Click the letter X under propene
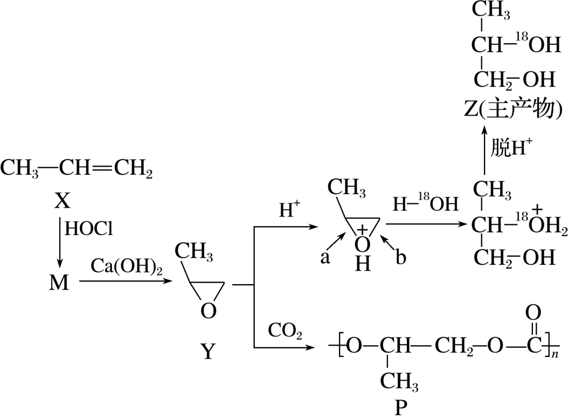[x=63, y=201]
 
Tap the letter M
[x=59, y=282]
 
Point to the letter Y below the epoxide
[x=208, y=352]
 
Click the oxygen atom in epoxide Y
[x=208, y=311]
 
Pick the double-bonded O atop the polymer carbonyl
[x=532, y=312]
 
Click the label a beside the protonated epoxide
[x=325, y=258]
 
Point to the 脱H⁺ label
[x=511, y=148]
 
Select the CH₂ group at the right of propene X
[x=132, y=169]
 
